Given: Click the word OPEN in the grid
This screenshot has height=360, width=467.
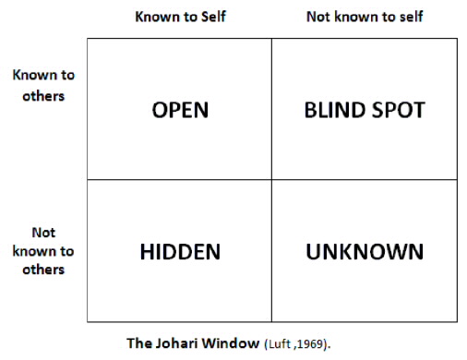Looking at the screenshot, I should [x=180, y=110].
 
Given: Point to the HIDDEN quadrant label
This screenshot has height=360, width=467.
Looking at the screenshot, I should [x=180, y=251].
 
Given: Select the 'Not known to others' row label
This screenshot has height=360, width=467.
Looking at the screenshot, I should [x=43, y=251].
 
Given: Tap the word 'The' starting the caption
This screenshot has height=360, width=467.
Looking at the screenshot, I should [x=138, y=342].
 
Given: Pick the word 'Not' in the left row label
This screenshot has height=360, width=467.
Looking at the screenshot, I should [x=43, y=234].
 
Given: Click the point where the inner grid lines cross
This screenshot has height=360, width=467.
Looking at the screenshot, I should [x=271, y=180].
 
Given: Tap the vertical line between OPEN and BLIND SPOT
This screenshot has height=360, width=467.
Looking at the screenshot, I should [x=271, y=110].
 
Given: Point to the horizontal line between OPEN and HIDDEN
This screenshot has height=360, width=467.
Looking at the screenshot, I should [x=180, y=180].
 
